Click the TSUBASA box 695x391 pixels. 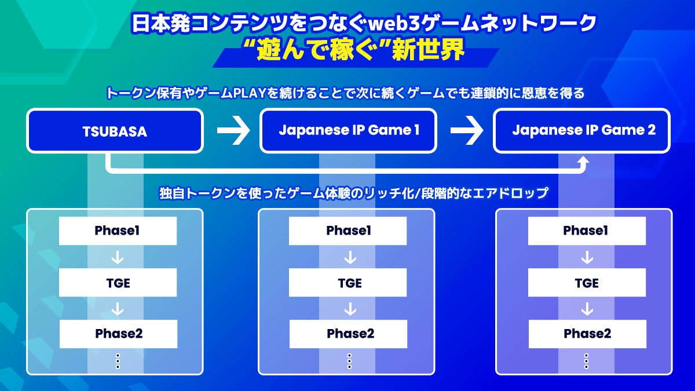(x=115, y=131)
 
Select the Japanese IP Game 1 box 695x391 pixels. (x=349, y=130)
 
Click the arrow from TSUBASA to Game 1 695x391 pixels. (x=233, y=131)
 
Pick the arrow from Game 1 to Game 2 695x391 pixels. (x=466, y=131)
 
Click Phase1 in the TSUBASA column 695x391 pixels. (x=118, y=231)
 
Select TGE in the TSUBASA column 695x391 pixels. (x=118, y=283)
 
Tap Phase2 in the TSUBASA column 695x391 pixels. (x=118, y=334)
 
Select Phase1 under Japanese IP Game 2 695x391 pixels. (x=587, y=231)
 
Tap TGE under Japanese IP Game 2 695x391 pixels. (x=587, y=283)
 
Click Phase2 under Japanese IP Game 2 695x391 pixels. (x=587, y=334)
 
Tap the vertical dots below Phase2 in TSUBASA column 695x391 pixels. (x=118, y=360)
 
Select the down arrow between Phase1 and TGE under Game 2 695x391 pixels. (x=587, y=257)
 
